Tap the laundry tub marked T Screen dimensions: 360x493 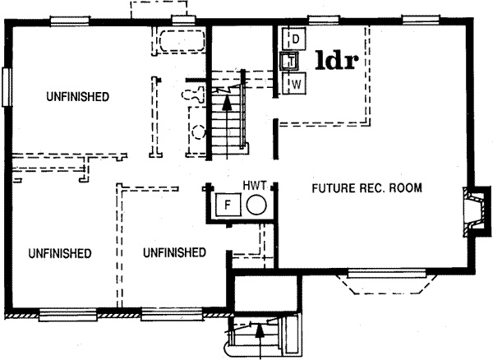[289, 60]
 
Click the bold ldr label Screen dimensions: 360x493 [337, 62]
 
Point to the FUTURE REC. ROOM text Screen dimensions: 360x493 [367, 188]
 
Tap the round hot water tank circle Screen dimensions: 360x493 [257, 205]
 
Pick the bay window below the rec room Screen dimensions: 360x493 [383, 282]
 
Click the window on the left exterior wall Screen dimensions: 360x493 [8, 86]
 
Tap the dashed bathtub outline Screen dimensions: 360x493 [179, 42]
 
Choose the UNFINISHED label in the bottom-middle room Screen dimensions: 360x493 [174, 252]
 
